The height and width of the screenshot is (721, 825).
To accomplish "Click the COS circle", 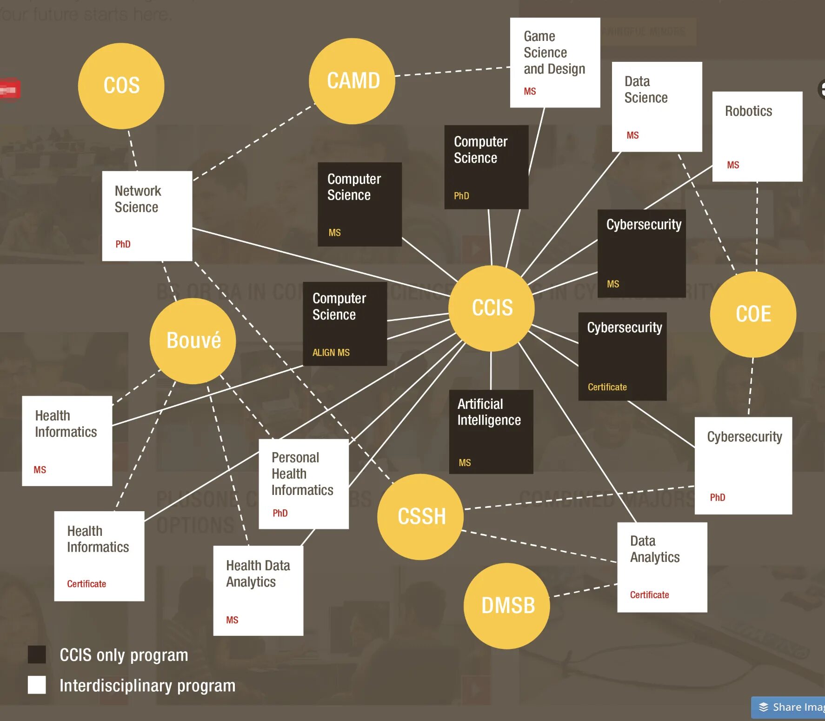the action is (x=121, y=86).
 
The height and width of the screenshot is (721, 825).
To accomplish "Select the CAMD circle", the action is (x=352, y=81).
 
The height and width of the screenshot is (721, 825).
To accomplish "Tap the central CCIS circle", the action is (x=492, y=308).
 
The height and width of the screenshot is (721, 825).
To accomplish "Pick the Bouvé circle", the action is (x=193, y=340).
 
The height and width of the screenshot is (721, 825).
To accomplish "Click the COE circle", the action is (x=753, y=314).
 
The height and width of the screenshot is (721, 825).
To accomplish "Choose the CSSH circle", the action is (x=420, y=516).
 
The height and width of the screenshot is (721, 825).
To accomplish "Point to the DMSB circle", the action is (x=507, y=606).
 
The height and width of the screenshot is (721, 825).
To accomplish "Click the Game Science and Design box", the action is (x=555, y=62).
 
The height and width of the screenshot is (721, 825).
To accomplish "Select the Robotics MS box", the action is (x=757, y=136).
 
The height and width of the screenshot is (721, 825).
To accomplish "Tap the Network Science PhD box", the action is (x=147, y=216).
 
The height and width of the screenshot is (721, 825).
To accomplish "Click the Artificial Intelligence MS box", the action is (x=491, y=432).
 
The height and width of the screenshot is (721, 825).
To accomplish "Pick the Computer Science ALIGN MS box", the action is (x=345, y=324).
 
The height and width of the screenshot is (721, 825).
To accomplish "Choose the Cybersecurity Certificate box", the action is (x=622, y=356).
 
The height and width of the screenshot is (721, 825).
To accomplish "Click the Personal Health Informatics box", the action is (x=303, y=484).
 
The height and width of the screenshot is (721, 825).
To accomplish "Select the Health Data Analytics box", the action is (x=258, y=590).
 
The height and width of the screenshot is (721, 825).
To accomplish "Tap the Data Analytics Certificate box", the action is (x=662, y=567).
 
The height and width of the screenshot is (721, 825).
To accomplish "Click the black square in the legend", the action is (x=37, y=654).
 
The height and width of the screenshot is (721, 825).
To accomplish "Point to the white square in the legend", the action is (x=37, y=685).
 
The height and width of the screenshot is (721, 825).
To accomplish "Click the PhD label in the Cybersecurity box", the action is (x=717, y=497).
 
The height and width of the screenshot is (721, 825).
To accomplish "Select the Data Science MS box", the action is (x=657, y=107).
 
